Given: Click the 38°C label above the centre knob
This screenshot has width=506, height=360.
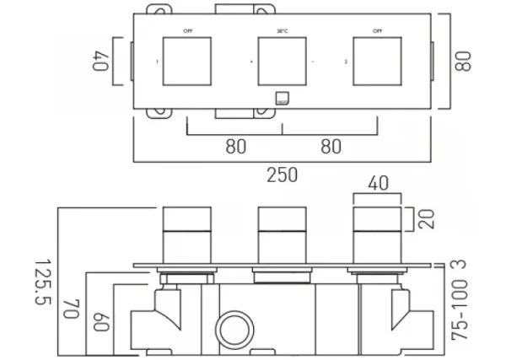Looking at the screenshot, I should click(282, 33).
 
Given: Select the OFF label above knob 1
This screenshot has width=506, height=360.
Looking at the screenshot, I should click(187, 33).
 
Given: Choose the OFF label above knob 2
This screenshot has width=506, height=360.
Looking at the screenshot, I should click(376, 33).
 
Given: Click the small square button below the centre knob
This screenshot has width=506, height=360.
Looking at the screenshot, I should click(282, 96).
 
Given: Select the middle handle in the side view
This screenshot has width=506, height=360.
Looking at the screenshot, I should click(282, 233).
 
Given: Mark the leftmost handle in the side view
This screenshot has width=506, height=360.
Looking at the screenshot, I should click(186, 233).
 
